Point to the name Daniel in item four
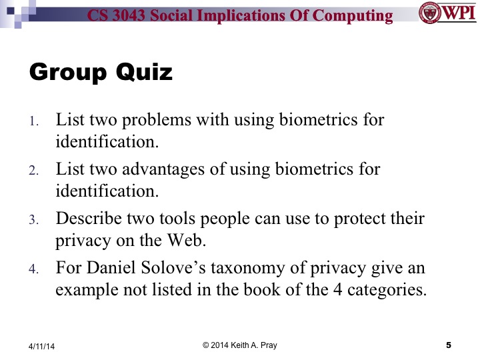coord(115,268)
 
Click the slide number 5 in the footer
coord(448,345)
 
